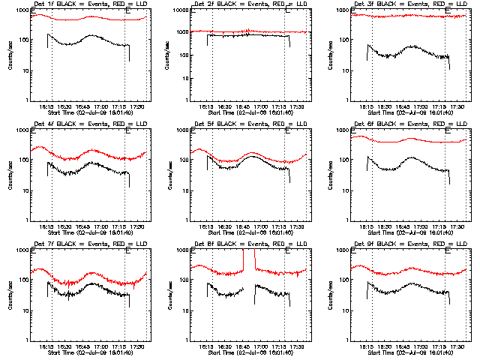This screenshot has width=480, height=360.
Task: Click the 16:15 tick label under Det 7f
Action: coord(46,346)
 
